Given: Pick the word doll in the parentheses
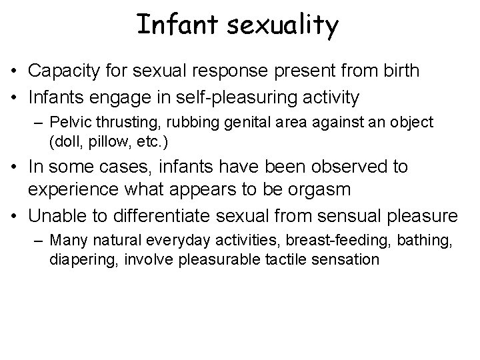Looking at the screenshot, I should (x=64, y=142).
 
